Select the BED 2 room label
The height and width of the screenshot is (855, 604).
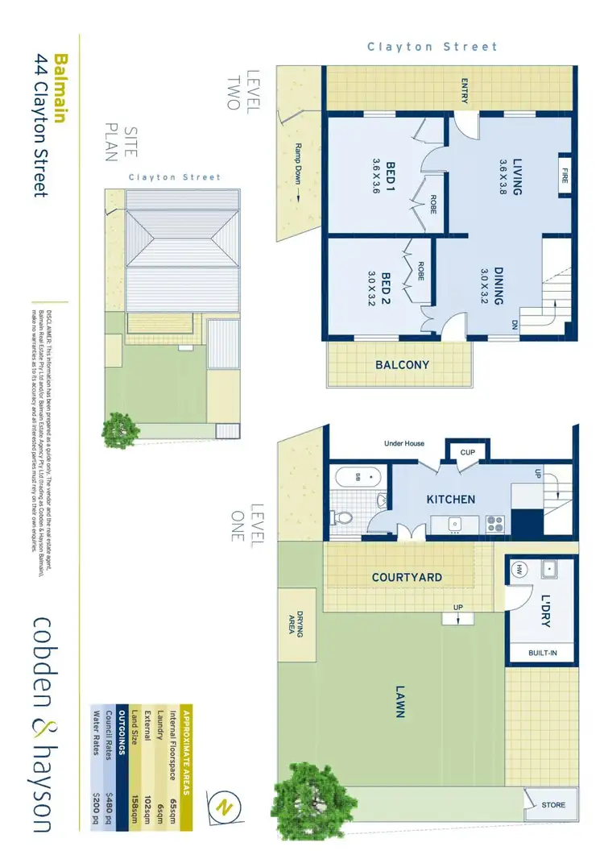tap(387, 288)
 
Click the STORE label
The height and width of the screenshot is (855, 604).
tap(553, 804)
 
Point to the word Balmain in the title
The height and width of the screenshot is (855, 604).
tap(60, 88)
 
